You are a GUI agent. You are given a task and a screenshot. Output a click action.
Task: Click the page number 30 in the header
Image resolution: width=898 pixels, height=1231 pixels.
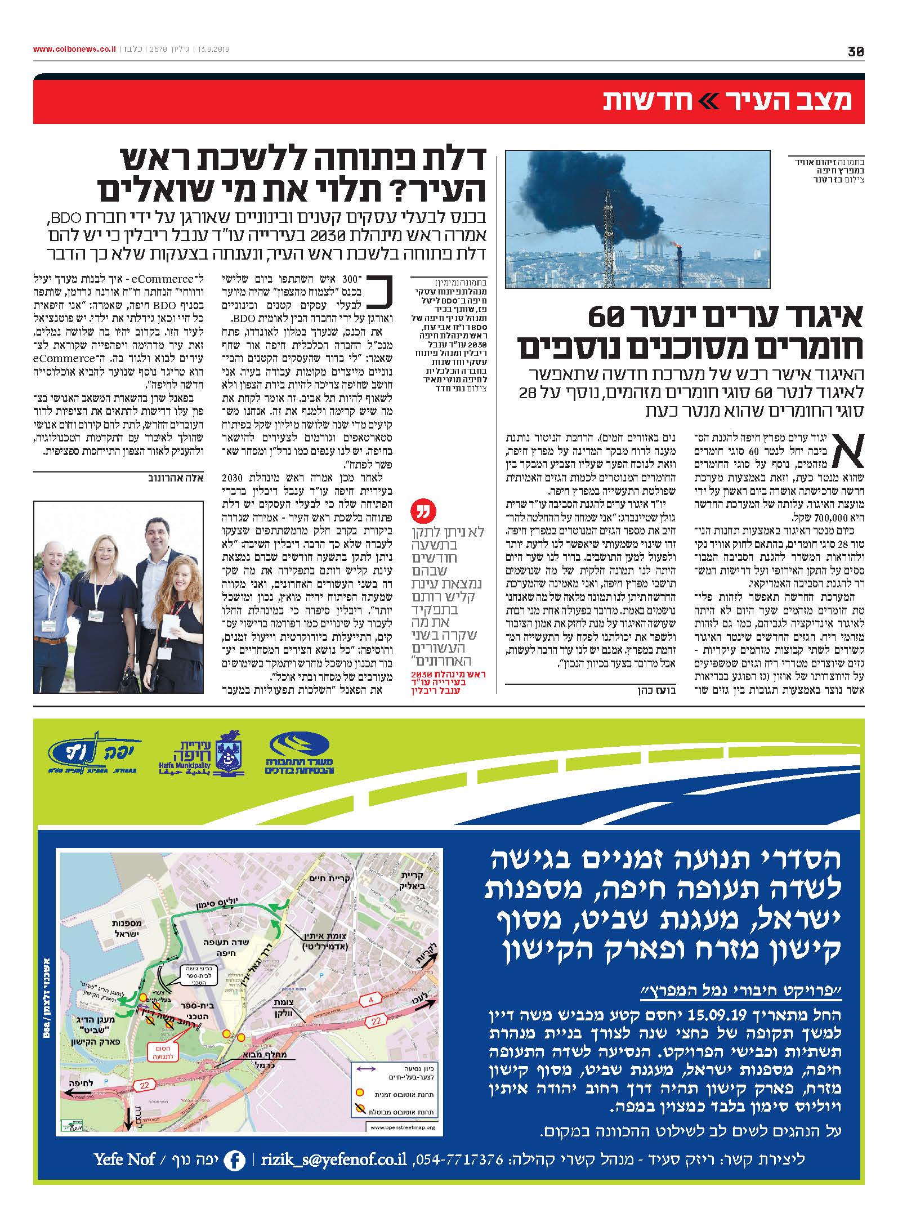click(855, 52)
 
